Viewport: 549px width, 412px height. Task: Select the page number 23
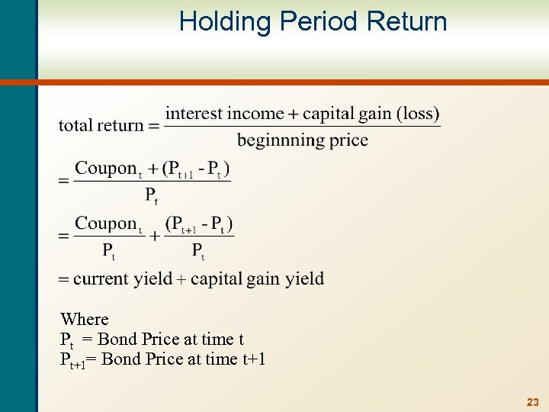point(532,401)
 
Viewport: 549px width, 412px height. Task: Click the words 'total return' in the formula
point(101,125)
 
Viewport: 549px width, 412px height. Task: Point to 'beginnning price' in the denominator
point(302,140)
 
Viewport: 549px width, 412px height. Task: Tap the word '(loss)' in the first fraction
point(418,114)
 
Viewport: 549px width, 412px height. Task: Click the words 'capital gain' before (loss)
point(348,114)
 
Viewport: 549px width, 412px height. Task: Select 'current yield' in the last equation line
point(123,278)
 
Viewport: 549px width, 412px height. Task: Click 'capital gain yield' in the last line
point(257,278)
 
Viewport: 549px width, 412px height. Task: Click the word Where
point(85,319)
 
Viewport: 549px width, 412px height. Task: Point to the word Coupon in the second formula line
point(105,168)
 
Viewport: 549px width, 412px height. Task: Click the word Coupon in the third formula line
point(105,224)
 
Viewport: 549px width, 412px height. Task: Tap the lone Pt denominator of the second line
point(152,195)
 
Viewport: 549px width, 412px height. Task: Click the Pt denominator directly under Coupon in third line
point(109,250)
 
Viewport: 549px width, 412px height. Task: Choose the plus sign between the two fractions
point(155,237)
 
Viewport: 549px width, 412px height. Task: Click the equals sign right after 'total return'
point(154,126)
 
